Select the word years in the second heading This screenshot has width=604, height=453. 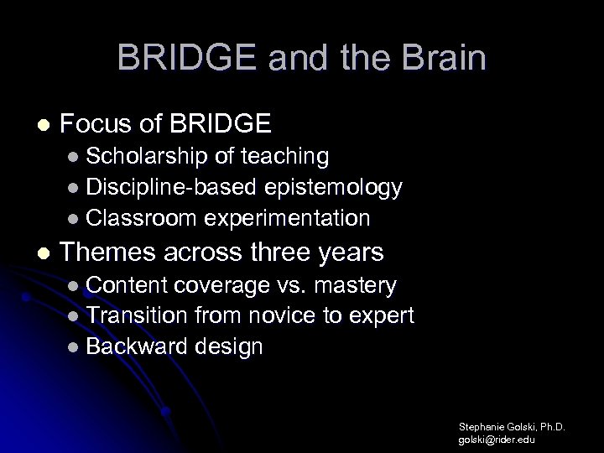350,253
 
